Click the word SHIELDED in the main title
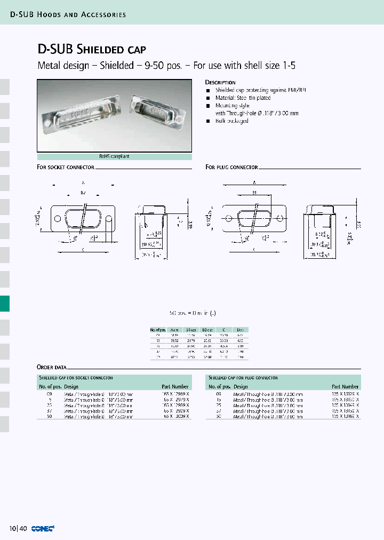pos(100,50)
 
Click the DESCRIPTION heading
pos(220,83)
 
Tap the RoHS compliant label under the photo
pos(114,157)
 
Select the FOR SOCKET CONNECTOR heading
pos(66,168)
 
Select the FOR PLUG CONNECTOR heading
pos(232,168)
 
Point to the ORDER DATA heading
pos(52,368)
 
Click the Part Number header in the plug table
pos(345,386)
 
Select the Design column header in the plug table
pos(241,386)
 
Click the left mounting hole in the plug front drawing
pos(228,218)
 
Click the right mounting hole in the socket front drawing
pos(109,218)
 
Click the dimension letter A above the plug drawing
pos(255,182)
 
